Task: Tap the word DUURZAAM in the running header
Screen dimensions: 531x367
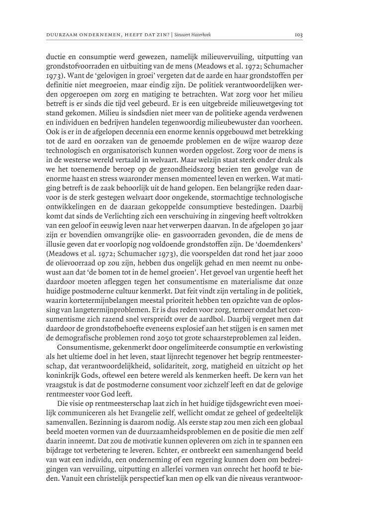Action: click(62, 35)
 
